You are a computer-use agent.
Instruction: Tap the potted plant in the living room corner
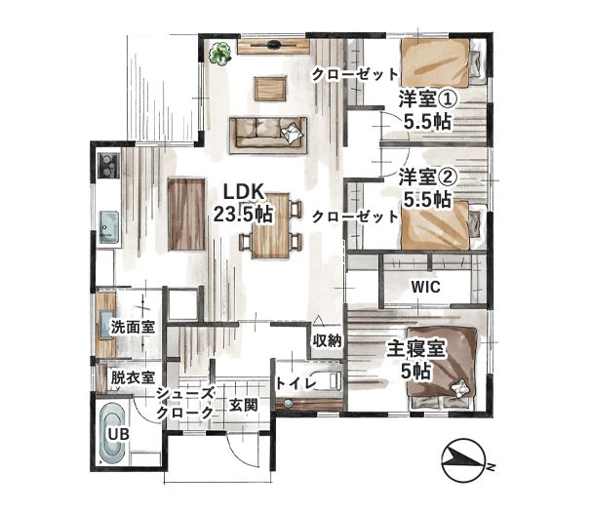pos(220,54)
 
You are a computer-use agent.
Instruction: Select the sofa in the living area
pos(268,135)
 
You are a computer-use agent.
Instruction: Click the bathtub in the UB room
pos(112,434)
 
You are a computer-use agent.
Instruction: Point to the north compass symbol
pos(463,460)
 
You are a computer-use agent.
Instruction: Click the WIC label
pos(425,288)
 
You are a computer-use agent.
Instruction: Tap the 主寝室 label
pos(416,349)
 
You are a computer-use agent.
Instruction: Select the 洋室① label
pos(428,100)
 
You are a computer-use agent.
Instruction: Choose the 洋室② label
pos(428,178)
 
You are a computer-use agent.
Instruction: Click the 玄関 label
pos(244,406)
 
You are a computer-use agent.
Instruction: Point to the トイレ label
pos(296,383)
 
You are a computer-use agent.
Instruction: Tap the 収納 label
pos(327,341)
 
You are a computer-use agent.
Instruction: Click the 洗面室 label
pos(133,327)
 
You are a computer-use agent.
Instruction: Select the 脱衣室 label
pos(133,377)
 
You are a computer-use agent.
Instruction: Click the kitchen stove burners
pos(108,166)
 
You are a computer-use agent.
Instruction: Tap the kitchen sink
pos(109,227)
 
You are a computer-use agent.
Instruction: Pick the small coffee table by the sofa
pos(270,89)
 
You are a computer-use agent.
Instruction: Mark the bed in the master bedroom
pos(441,367)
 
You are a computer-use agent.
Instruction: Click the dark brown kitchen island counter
pos(187,215)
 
